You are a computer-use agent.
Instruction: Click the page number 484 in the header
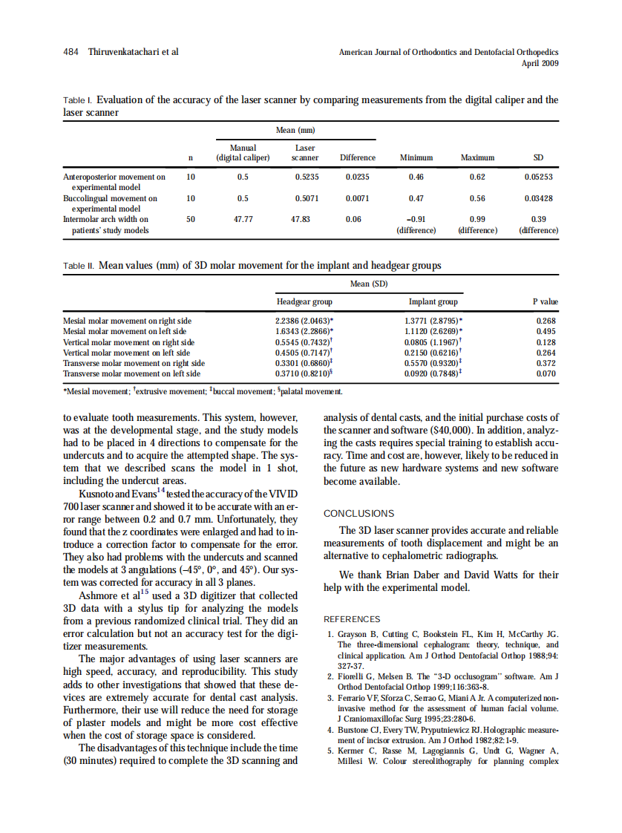pyautogui.click(x=72, y=52)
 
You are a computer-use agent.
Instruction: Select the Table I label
pyautogui.click(x=76, y=100)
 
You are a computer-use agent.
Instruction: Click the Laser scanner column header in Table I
pyautogui.click(x=305, y=153)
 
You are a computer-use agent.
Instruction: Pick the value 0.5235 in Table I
pyautogui.click(x=307, y=177)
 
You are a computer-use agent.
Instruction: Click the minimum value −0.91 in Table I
pyautogui.click(x=416, y=220)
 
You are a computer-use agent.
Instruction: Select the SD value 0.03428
pyautogui.click(x=538, y=199)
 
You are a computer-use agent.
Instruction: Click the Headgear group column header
pyautogui.click(x=304, y=302)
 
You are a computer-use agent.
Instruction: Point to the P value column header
pyautogui.click(x=545, y=302)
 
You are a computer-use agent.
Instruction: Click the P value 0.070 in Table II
pyautogui.click(x=546, y=373)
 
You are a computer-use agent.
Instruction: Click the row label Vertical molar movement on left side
pyautogui.click(x=127, y=353)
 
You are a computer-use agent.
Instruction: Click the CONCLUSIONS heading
pyautogui.click(x=359, y=513)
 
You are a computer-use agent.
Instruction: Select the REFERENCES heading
pyautogui.click(x=352, y=619)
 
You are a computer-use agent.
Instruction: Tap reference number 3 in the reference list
pyautogui.click(x=330, y=699)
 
